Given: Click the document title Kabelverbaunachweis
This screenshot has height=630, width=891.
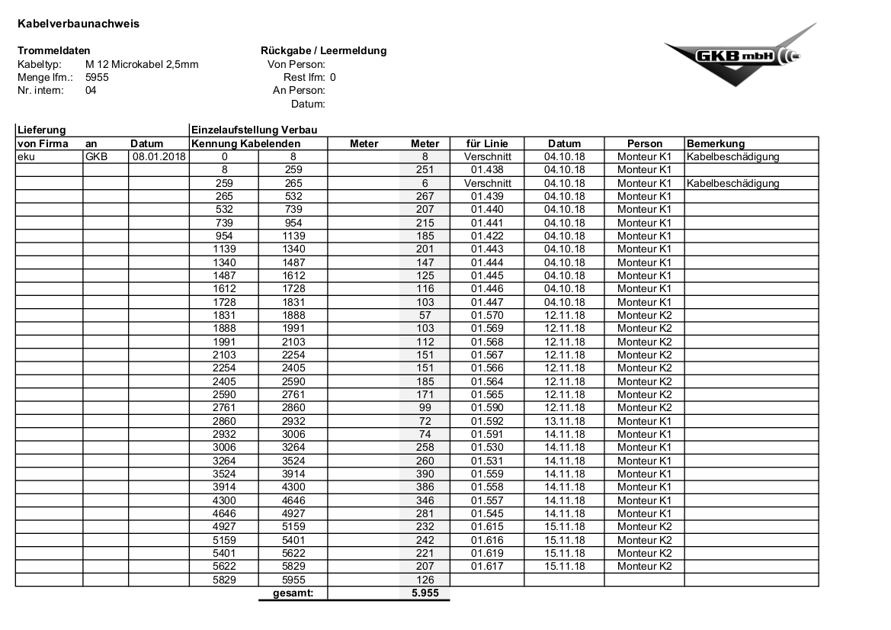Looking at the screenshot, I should (x=78, y=24).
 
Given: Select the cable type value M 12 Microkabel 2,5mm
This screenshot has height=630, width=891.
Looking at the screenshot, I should (x=142, y=64).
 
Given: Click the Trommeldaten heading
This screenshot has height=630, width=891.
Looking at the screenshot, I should (x=53, y=51).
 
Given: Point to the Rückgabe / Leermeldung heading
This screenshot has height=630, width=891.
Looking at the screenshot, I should (x=323, y=51).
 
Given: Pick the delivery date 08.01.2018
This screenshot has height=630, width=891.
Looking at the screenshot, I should (x=159, y=156).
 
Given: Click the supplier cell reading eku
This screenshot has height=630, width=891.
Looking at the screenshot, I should (x=26, y=156).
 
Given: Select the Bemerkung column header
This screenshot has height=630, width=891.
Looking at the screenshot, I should (x=716, y=143).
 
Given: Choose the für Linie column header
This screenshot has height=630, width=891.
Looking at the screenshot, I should (x=487, y=143).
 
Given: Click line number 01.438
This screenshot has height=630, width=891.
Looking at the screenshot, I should (x=487, y=170).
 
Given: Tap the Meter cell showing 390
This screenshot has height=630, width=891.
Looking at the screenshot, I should (x=425, y=474).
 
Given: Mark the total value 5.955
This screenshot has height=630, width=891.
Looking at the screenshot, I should (x=425, y=593).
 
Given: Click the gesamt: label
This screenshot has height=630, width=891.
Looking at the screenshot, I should (x=293, y=593).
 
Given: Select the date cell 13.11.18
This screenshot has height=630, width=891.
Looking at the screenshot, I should (x=565, y=421).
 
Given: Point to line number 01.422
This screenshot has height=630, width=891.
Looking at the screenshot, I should (x=487, y=236).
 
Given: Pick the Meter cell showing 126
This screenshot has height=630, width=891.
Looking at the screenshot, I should (x=425, y=580).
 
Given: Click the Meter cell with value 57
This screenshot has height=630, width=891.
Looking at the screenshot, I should (x=425, y=315).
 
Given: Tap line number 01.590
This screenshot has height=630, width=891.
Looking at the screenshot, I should (x=487, y=408).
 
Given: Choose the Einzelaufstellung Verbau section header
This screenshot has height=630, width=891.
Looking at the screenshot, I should (x=254, y=130).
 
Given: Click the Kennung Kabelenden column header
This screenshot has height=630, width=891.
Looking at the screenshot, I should (x=246, y=143).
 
